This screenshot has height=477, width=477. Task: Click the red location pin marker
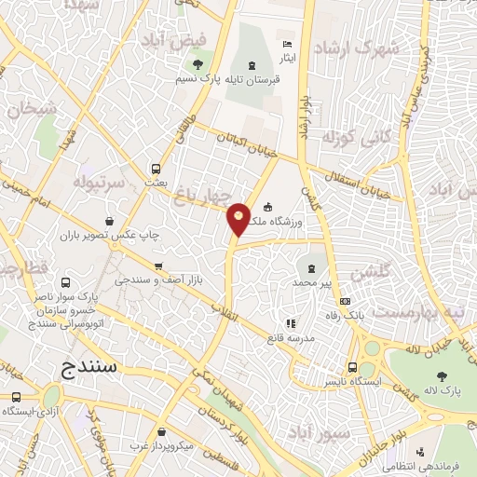click(239, 218)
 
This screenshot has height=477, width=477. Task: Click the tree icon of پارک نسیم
click(198, 64)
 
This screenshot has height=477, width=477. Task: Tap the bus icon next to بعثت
click(156, 170)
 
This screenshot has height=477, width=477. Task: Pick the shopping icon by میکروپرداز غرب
click(164, 432)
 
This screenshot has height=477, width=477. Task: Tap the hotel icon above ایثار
click(287, 44)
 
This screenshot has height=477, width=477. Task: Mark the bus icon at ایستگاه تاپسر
click(351, 366)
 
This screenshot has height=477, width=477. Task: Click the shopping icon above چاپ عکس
click(111, 222)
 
